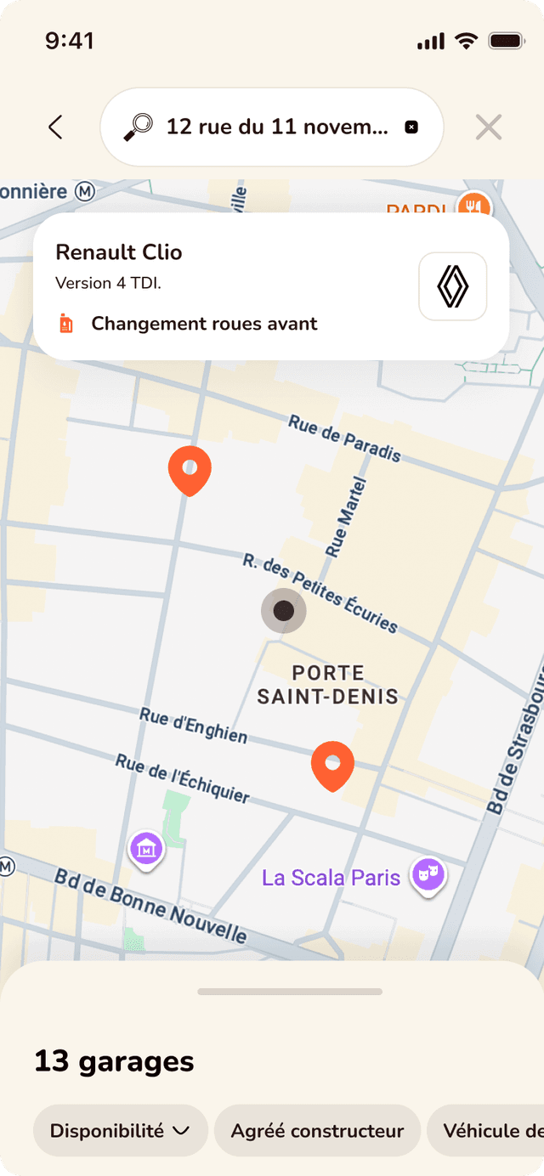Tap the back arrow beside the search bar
[x=56, y=127]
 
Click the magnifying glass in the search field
[x=138, y=127]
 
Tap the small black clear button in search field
[x=411, y=127]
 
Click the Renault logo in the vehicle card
[x=452, y=286]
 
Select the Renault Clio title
[x=119, y=252]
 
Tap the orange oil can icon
[x=66, y=324]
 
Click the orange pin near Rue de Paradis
[x=190, y=469]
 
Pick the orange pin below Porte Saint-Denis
[x=332, y=764]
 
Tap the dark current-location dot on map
[x=283, y=610]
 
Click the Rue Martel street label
[x=347, y=518]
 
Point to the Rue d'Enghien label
[x=194, y=726]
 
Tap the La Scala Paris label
[x=331, y=877]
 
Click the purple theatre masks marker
[x=428, y=874]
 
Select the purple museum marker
[x=146, y=848]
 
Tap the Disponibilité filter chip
[x=120, y=1131]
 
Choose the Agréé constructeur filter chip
[x=317, y=1131]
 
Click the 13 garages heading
[x=114, y=1061]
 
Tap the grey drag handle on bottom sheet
[x=290, y=992]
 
